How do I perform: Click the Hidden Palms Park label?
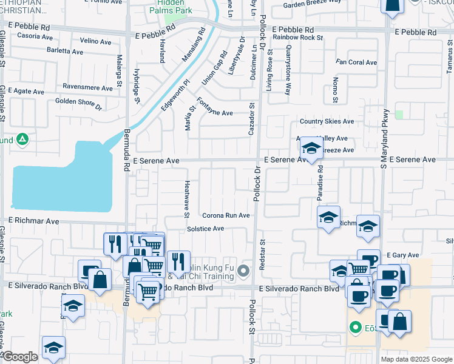(x=171, y=7)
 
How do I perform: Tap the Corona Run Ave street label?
(x=226, y=215)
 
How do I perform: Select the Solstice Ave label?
(x=205, y=229)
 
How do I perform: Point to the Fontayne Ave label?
(x=215, y=113)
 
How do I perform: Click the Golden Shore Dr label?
(x=78, y=102)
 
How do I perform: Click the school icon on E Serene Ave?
(x=311, y=149)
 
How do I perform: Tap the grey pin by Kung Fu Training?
(x=244, y=271)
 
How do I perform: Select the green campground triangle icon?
(x=22, y=140)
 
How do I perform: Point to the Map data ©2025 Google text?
(x=416, y=359)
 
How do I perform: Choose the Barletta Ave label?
(x=66, y=50)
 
